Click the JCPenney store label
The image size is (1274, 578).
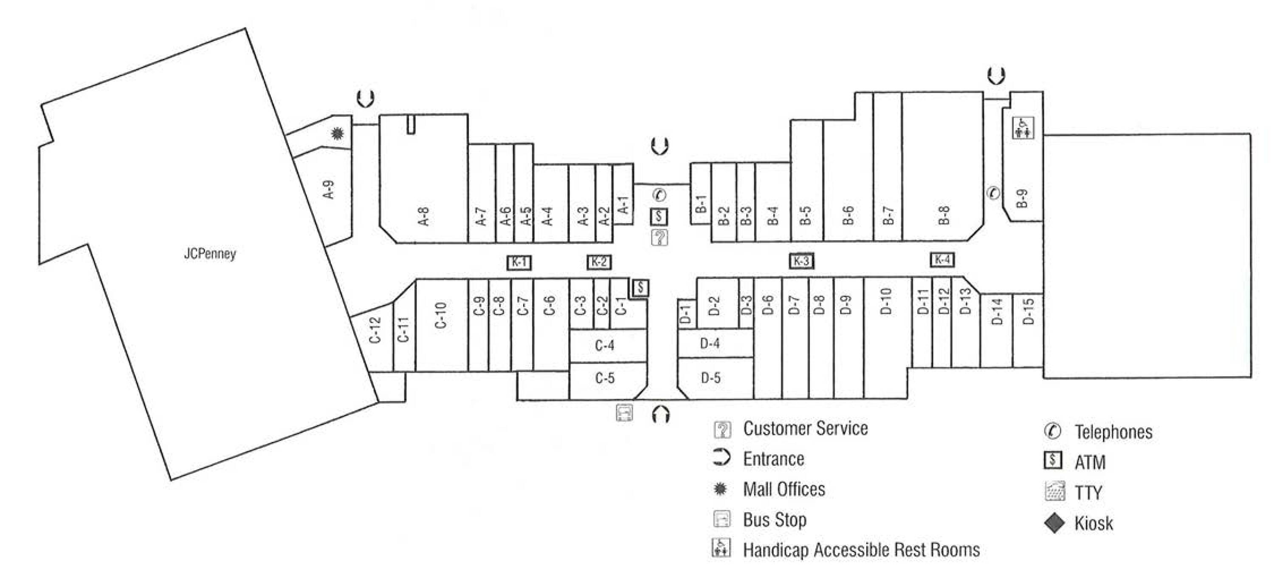click(210, 254)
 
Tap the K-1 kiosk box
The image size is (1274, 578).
click(519, 262)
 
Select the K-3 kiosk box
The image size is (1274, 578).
click(801, 261)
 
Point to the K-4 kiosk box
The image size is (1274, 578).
click(942, 259)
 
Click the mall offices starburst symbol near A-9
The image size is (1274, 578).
click(337, 133)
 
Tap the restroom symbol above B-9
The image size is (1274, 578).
click(1022, 127)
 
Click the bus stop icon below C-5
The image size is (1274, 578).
click(624, 412)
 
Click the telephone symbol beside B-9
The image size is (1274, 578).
click(993, 193)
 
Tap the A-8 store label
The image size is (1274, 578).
click(423, 216)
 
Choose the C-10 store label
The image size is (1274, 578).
click(441, 315)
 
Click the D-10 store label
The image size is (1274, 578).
click(886, 301)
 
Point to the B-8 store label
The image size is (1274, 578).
click(944, 216)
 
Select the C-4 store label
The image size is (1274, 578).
click(604, 345)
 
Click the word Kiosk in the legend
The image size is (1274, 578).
click(1094, 523)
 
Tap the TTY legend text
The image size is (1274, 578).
click(1088, 493)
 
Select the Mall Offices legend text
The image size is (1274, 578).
click(784, 490)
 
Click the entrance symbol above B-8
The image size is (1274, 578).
click(996, 76)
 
